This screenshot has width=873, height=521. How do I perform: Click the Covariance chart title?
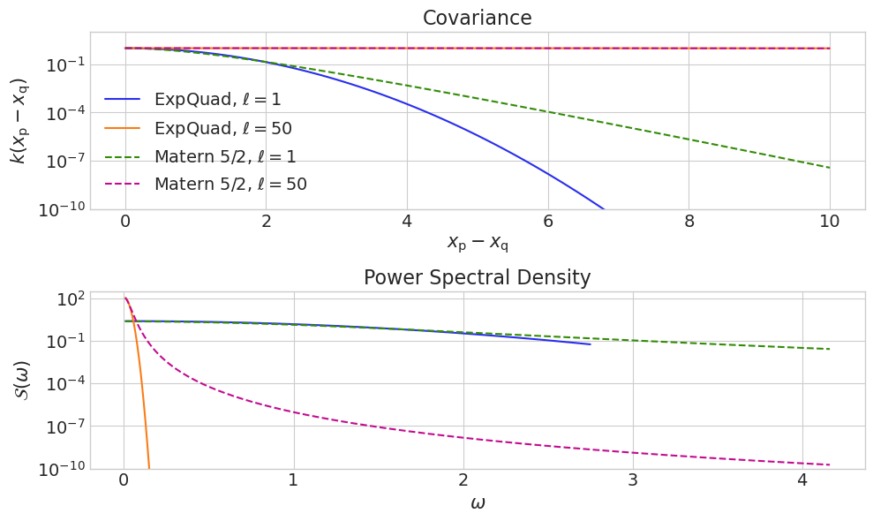pos(477,18)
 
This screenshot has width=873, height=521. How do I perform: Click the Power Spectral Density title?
pos(477,277)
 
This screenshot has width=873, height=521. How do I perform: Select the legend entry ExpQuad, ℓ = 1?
pos(217,100)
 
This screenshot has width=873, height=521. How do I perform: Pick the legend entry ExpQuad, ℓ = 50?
pos(222,128)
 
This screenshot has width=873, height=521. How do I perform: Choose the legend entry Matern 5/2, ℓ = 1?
pos(225,156)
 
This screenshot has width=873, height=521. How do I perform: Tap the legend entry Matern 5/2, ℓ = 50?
pos(230,185)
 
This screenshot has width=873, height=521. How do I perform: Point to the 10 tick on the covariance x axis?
pos(829,221)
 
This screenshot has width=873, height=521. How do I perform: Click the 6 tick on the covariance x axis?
pos(547,221)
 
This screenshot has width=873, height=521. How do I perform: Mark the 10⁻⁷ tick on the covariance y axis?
pos(64,161)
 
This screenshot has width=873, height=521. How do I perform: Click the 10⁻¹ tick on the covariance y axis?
pos(64,64)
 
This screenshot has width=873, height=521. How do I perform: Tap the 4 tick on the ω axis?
pos(802,480)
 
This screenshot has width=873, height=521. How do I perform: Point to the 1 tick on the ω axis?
pos(293,480)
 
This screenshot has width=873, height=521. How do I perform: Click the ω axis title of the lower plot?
pos(477,504)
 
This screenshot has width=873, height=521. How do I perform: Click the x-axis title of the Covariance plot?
pos(477,243)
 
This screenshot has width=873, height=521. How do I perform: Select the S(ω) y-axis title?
pos(22,380)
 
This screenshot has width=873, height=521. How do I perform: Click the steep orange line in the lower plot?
pos(141,406)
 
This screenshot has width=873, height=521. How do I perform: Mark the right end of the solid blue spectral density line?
pos(590,344)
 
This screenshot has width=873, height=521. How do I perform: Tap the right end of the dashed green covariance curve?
pos(829,168)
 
